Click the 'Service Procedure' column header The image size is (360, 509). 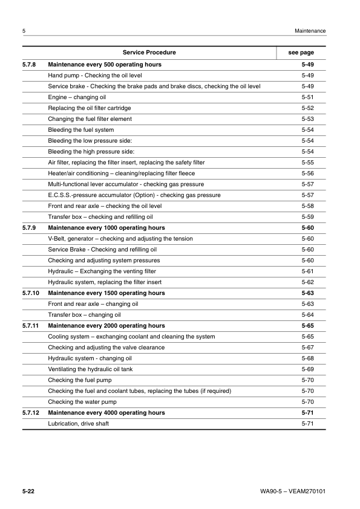pos(149,53)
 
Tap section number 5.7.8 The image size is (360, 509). pos(29,65)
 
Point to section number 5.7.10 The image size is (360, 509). pos(31,293)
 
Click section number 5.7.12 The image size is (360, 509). pos(31,413)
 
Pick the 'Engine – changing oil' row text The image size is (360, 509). pos(77,97)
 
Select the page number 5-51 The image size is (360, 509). pos(307,97)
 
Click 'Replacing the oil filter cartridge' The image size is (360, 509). pos(90,108)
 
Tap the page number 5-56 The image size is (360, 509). pos(307,173)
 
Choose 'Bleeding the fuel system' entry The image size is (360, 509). pos(80,130)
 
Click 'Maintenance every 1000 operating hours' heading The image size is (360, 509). pos(106,228)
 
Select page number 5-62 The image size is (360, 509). pos(307,282)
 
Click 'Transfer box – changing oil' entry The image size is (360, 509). pos(84,315)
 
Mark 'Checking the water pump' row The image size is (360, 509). pos(82,402)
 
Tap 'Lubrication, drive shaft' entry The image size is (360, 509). pos(79,424)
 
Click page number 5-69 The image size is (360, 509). pos(307,369)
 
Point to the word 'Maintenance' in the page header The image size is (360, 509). pos(310,31)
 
